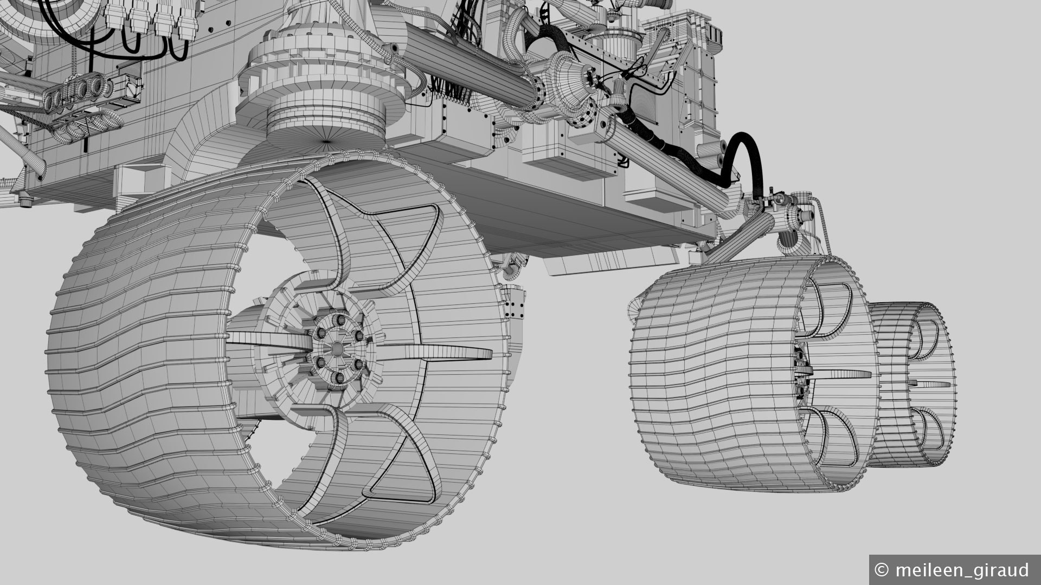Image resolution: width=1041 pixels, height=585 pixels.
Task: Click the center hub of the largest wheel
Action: [x=337, y=347]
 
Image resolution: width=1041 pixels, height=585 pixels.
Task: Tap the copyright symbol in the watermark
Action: [x=882, y=570]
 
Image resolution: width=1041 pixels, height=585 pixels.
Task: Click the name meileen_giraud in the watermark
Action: [x=962, y=570]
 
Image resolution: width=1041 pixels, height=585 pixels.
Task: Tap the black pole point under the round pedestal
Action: [x=326, y=141]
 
